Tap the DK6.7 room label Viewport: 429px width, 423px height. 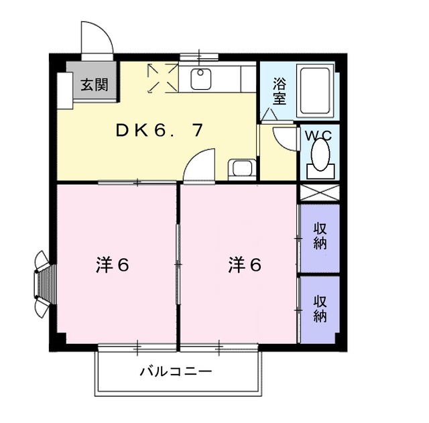158,131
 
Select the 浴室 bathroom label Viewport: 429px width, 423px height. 280,91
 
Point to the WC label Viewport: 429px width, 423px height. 318,135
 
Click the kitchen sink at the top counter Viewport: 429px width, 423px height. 201,80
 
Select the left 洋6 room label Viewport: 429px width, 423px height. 111,265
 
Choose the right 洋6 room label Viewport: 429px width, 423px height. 244,265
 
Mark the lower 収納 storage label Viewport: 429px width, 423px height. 320,308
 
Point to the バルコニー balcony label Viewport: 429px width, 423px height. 176,371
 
